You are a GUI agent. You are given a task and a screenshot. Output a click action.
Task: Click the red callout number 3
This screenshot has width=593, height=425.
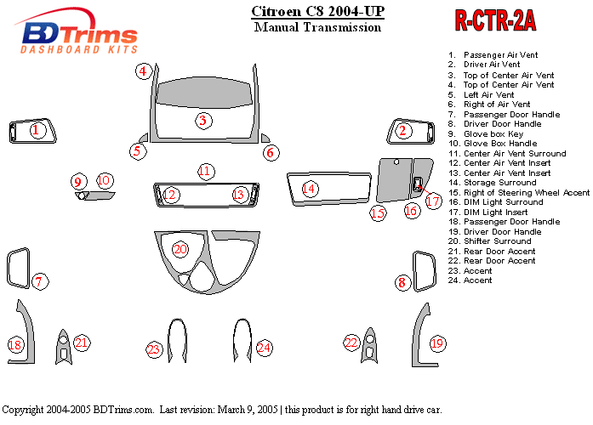[x=203, y=121]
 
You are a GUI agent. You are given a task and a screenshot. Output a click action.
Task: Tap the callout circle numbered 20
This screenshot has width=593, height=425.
[x=180, y=249]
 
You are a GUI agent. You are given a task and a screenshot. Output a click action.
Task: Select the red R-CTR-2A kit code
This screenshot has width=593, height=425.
[x=495, y=20]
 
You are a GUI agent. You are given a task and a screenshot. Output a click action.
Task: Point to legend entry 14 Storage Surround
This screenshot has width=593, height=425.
[x=493, y=183]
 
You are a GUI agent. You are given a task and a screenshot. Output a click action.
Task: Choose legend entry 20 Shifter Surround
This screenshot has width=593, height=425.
[x=490, y=241]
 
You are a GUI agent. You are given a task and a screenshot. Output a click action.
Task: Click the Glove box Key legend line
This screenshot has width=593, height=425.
[x=486, y=134]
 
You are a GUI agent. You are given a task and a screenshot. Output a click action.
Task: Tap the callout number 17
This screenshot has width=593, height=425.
[x=433, y=201]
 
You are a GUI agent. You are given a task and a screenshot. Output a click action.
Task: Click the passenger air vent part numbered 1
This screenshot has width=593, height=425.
[x=32, y=131]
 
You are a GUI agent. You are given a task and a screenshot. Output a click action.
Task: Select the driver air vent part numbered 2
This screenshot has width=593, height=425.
[x=411, y=132]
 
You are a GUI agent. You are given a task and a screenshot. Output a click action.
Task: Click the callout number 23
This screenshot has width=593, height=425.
[x=154, y=349]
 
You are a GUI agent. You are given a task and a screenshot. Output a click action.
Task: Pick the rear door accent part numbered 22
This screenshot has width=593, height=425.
[x=369, y=346]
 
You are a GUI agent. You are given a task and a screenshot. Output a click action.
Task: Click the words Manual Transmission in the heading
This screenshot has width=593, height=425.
[x=317, y=27]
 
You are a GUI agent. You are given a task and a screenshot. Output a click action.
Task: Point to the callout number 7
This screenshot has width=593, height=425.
[x=39, y=281]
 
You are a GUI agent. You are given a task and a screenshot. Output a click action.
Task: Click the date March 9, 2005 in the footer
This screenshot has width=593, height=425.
[x=248, y=410]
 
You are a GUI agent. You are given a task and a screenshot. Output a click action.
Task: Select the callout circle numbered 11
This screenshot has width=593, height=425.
[x=206, y=172]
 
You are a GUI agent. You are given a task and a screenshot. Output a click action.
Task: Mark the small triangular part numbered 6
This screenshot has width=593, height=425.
[x=265, y=139]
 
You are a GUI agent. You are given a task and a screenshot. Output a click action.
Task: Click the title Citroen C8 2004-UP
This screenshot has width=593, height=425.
[x=317, y=11]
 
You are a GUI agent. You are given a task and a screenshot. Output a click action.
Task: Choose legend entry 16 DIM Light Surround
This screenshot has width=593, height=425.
[x=496, y=202]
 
